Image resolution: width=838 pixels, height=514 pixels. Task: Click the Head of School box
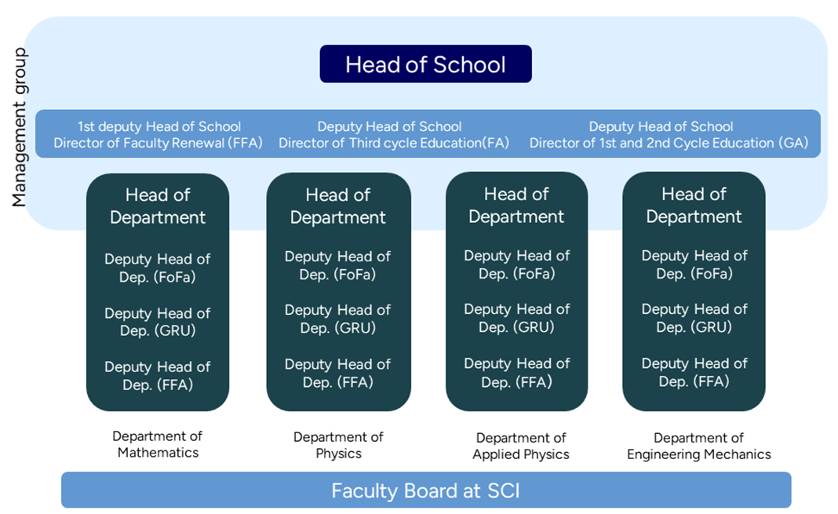pyautogui.click(x=425, y=64)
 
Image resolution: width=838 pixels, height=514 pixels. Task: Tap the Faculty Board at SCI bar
pyautogui.click(x=425, y=491)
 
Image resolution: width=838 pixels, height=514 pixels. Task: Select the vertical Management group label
pyautogui.click(x=20, y=128)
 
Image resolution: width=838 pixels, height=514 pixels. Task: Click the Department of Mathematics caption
pyautogui.click(x=158, y=444)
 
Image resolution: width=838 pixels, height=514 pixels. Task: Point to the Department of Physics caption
pyautogui.click(x=338, y=445)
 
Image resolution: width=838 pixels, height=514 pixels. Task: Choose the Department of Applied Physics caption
pyautogui.click(x=520, y=446)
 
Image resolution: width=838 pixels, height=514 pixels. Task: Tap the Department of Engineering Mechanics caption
pyautogui.click(x=698, y=446)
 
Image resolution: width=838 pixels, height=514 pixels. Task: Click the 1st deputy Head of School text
pyautogui.click(x=158, y=126)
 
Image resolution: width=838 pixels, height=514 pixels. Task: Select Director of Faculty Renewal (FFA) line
pyautogui.click(x=158, y=143)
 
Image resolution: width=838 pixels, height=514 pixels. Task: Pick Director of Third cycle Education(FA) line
pyautogui.click(x=394, y=143)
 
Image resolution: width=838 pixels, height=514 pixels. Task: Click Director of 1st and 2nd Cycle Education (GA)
pyautogui.click(x=669, y=143)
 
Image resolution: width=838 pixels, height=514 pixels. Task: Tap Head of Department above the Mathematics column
pyautogui.click(x=158, y=206)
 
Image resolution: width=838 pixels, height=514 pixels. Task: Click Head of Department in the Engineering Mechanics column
pyautogui.click(x=694, y=205)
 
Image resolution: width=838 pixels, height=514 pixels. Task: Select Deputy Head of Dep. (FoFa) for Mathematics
pyautogui.click(x=158, y=268)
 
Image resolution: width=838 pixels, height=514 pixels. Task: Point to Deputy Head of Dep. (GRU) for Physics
pyautogui.click(x=337, y=319)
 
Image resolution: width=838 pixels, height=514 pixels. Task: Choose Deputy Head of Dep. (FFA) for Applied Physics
pyautogui.click(x=516, y=373)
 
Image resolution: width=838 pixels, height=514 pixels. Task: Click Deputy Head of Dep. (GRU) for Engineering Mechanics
pyautogui.click(x=694, y=318)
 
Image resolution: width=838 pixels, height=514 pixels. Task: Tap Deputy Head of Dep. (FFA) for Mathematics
pyautogui.click(x=158, y=375)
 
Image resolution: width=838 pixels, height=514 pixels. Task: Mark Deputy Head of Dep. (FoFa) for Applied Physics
pyautogui.click(x=516, y=264)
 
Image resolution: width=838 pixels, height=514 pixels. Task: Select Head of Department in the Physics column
pyautogui.click(x=338, y=206)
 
